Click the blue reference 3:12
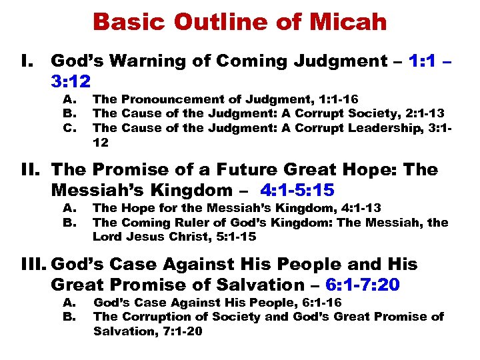[x=75, y=81]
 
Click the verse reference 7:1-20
[x=177, y=331]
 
